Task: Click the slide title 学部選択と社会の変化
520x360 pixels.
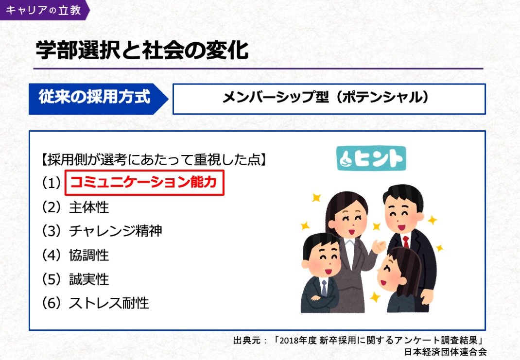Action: pos(142,51)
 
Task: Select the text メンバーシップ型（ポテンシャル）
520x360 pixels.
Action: pos(327,98)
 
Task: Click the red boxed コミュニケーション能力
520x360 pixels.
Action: pos(144,183)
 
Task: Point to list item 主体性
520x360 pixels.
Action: pos(89,207)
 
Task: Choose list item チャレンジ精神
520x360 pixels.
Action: pos(115,231)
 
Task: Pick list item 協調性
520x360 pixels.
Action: pos(89,255)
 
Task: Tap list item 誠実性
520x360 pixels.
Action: pos(89,279)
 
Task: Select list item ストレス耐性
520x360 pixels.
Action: pos(109,303)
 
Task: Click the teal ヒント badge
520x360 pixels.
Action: pos(371,158)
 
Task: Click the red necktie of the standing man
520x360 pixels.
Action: pos(406,241)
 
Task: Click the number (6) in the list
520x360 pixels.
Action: pos(51,303)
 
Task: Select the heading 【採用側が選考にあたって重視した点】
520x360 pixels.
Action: pos(154,159)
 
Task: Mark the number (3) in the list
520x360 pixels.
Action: pos(51,231)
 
